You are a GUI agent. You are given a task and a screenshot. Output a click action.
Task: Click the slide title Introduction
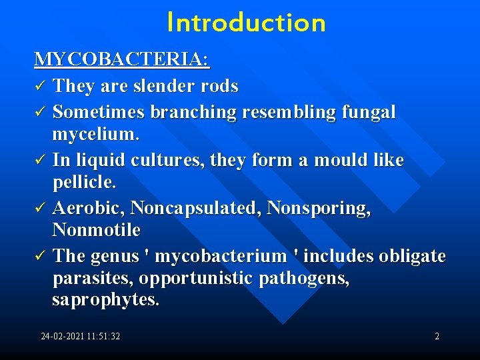coord(246,23)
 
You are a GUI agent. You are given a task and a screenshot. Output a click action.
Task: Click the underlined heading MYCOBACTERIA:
coord(122,60)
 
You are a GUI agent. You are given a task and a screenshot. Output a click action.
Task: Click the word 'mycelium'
coord(93,135)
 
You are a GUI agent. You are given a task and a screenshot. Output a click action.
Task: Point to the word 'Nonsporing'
coord(317,209)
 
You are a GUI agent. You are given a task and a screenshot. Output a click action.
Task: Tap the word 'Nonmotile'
coord(96,230)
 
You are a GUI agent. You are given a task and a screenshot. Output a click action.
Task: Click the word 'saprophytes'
coord(103,300)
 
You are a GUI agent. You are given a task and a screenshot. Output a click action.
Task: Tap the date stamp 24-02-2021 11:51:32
coord(81,337)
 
